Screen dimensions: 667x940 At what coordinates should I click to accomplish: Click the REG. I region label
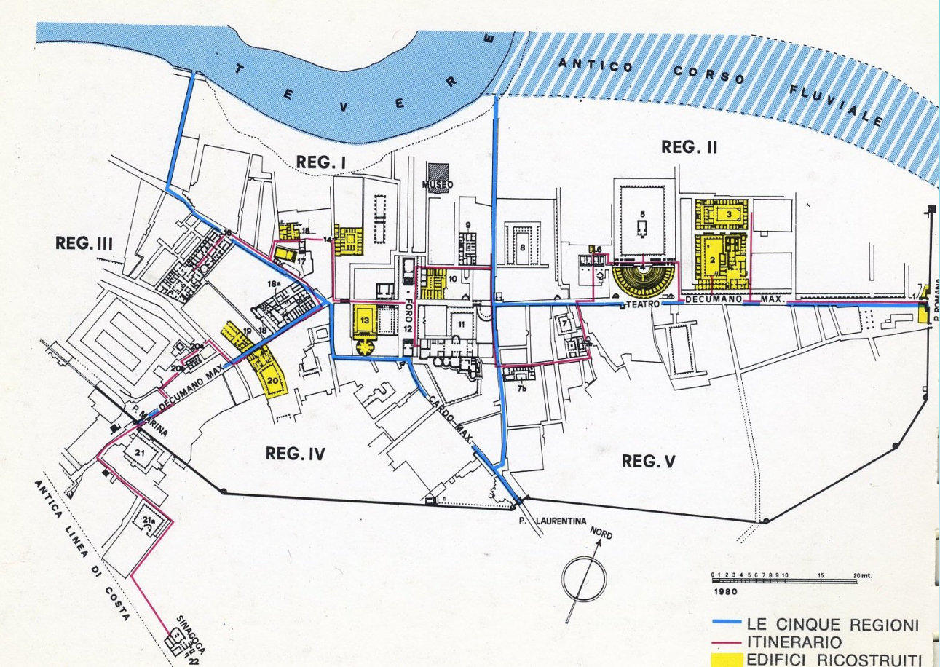321,163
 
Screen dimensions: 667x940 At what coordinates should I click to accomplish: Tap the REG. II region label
689,147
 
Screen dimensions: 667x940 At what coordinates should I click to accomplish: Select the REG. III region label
84,243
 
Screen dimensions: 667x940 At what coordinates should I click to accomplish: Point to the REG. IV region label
295,454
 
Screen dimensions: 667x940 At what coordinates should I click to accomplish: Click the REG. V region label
650,460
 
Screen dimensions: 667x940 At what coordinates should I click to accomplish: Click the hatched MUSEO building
438,175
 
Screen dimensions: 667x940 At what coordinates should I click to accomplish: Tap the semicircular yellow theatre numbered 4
644,279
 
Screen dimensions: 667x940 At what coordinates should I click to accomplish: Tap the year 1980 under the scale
725,591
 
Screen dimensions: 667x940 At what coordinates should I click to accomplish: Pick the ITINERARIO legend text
794,642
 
